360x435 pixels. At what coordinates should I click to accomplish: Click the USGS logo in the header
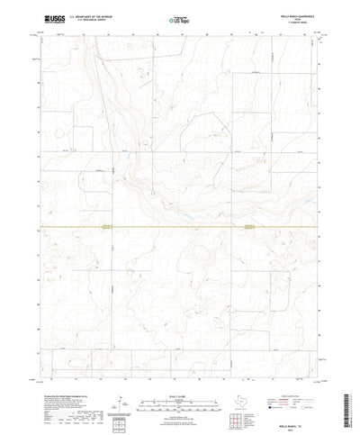pos(50,17)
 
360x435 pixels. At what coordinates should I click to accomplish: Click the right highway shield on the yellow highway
pos(248,227)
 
